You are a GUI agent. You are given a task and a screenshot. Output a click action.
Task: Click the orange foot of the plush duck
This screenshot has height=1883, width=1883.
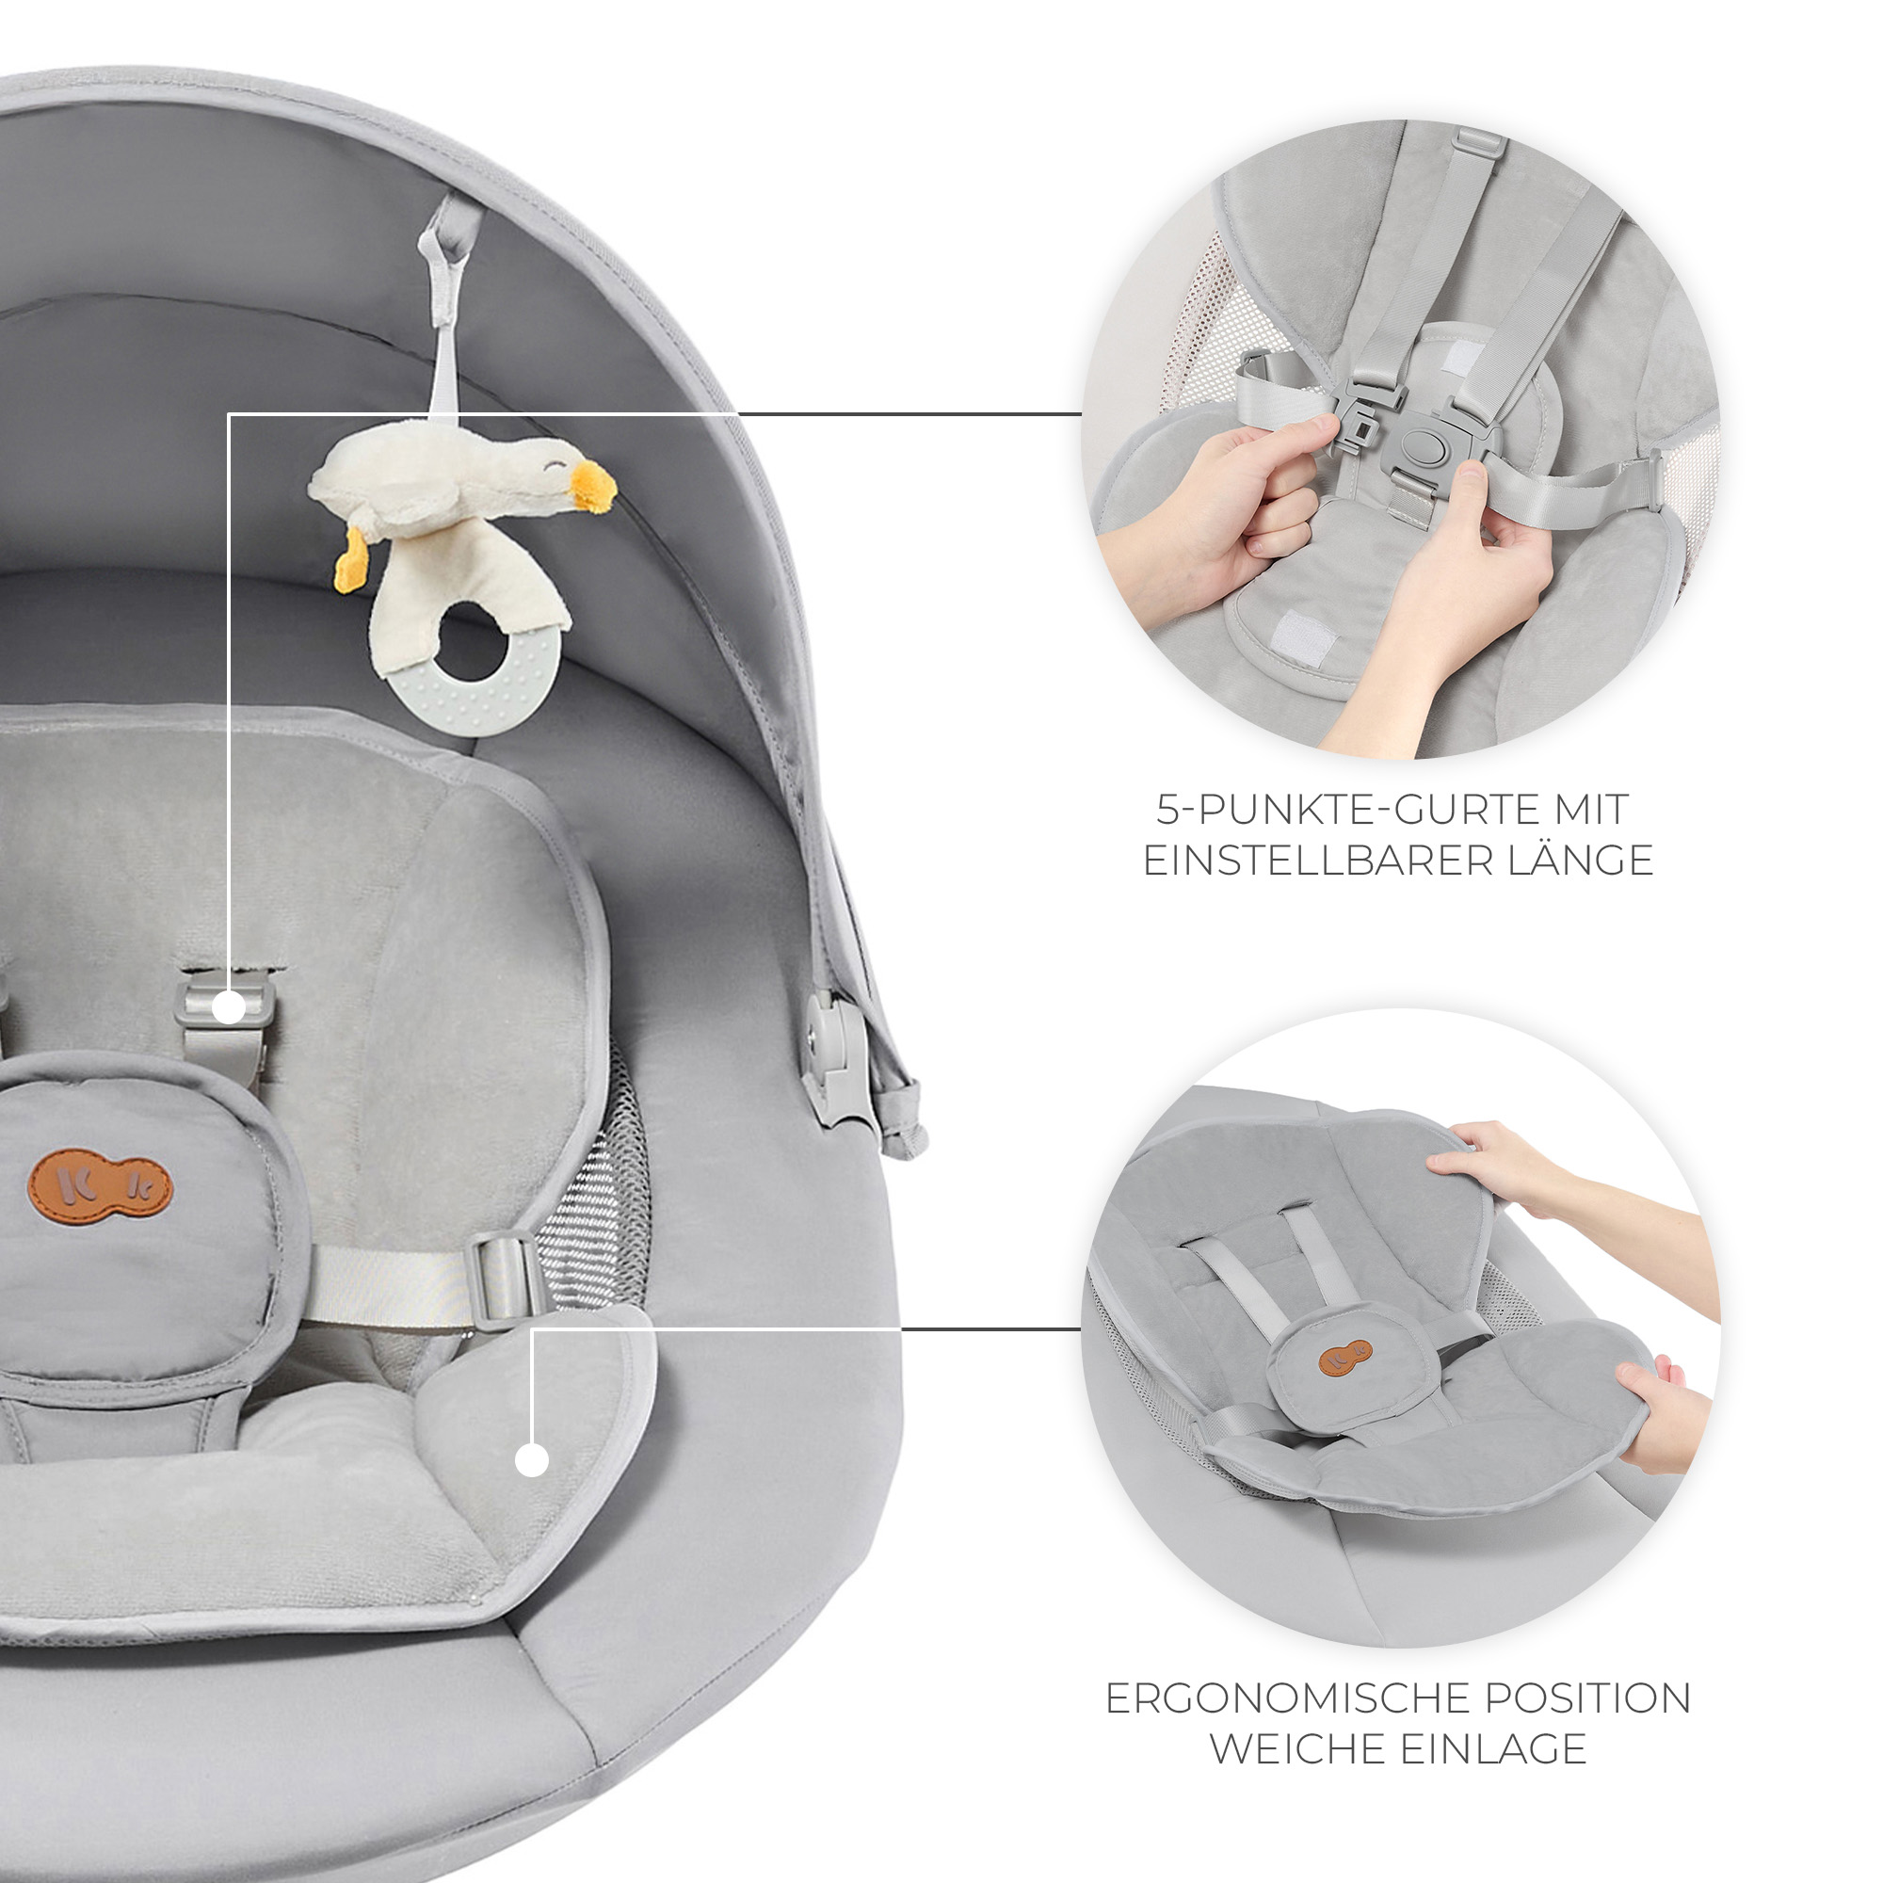[x=351, y=570]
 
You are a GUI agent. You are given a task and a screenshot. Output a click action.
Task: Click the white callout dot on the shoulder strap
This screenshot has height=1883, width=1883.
[x=229, y=1007]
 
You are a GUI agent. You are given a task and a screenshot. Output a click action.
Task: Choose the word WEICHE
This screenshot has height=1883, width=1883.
[x=1298, y=1749]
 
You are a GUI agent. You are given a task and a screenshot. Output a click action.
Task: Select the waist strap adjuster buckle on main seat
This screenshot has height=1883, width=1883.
[x=507, y=1279]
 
